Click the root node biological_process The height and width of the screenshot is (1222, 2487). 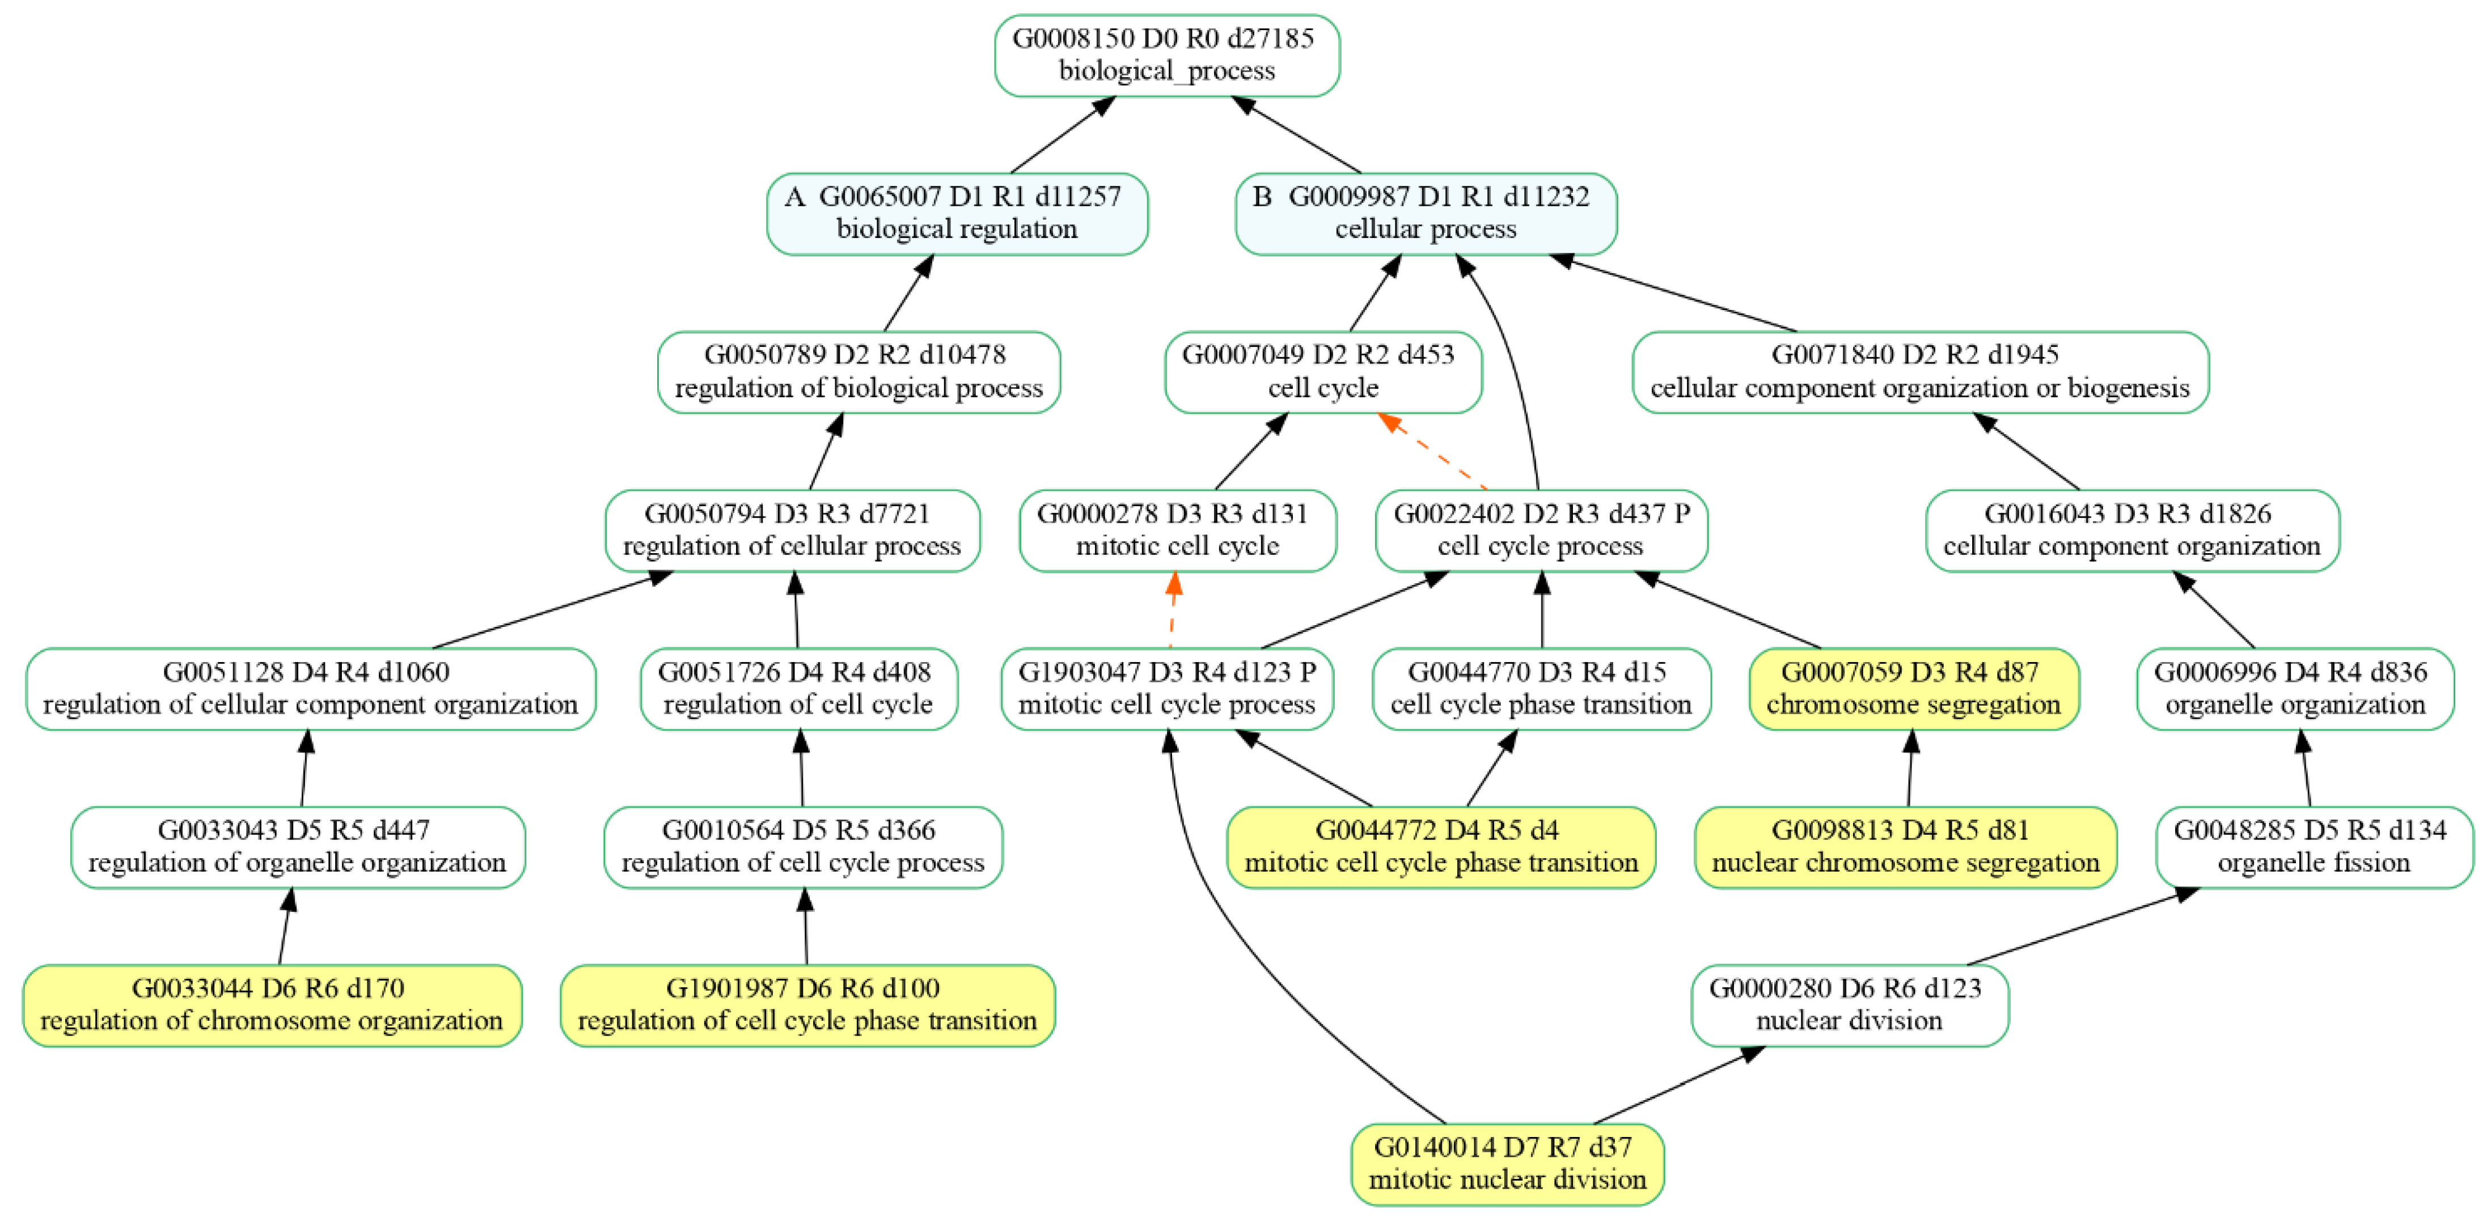coord(1166,55)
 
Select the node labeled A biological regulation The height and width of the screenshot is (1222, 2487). coord(957,213)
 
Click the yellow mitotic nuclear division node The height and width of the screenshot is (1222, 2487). coord(1507,1163)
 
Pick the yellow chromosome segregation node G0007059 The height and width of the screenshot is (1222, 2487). coord(1913,688)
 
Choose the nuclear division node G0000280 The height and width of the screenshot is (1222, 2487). coord(1849,1005)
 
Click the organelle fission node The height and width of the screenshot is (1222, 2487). coord(2313,847)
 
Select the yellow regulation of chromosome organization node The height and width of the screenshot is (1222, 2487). coord(272,1005)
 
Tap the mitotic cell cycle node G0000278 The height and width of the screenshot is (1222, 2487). coord(1177,530)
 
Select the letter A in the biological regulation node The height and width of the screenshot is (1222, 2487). coord(794,197)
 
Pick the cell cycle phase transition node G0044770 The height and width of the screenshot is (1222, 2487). coord(1541,688)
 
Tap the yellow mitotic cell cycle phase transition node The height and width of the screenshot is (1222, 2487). coord(1440,847)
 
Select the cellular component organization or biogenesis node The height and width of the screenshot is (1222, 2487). coord(1919,372)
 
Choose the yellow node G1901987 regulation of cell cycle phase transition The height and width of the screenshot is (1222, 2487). coord(807,1005)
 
